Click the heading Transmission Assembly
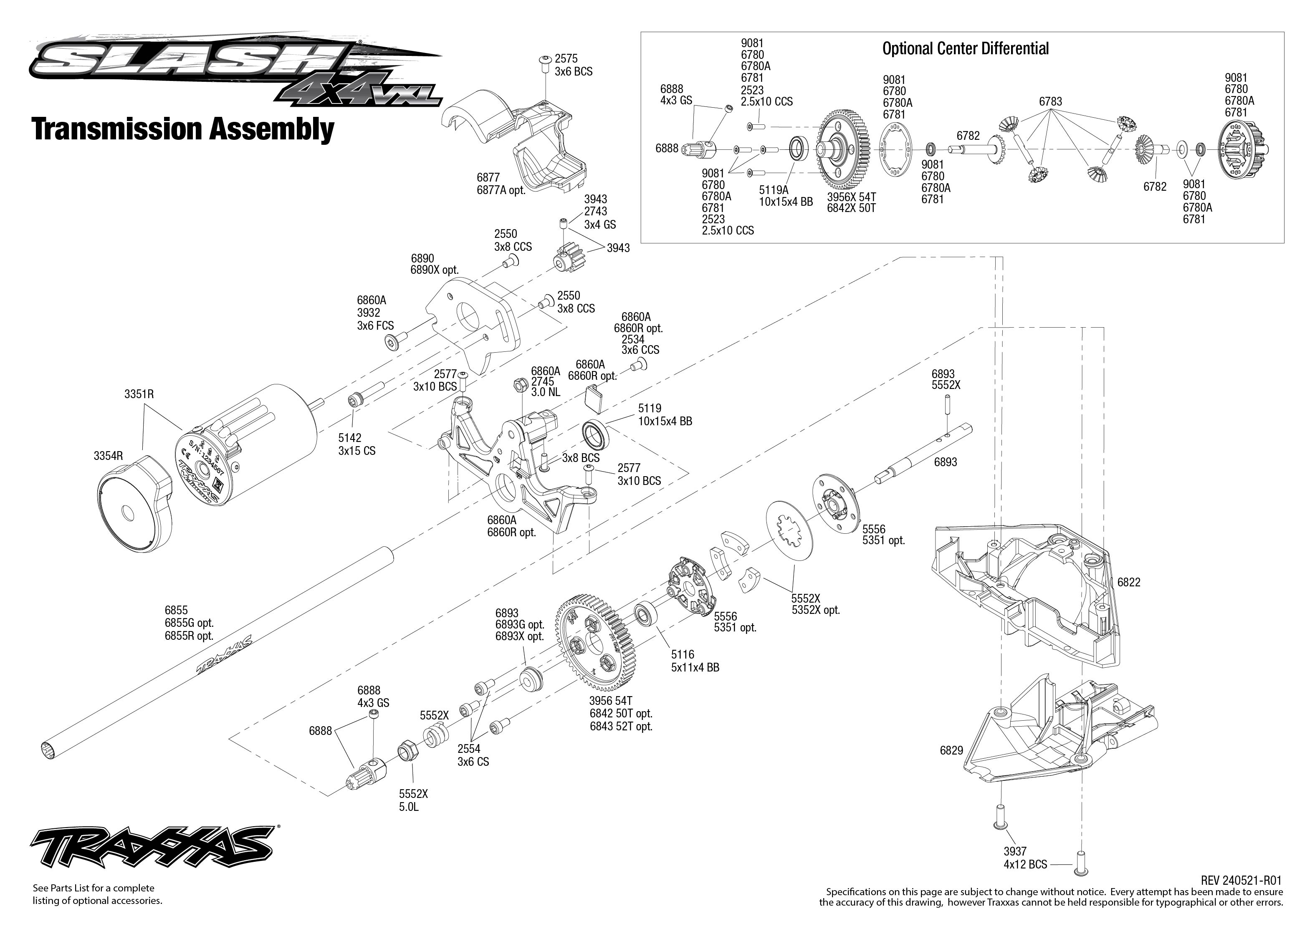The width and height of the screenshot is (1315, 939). (x=183, y=129)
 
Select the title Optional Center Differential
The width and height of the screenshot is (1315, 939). (x=965, y=48)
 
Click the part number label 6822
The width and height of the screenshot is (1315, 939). (x=1128, y=582)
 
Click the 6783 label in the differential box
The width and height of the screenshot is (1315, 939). (x=1050, y=102)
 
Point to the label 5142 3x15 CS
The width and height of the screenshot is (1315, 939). (x=356, y=444)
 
